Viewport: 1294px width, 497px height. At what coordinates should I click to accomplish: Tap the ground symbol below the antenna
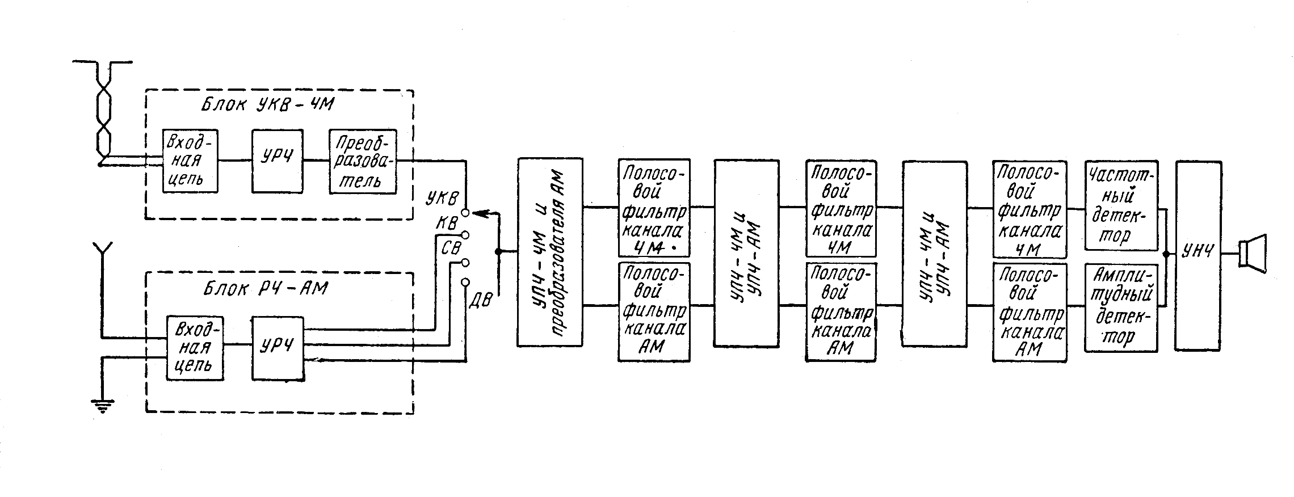tap(102, 405)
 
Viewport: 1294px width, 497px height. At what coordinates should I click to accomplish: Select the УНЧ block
tap(1197, 255)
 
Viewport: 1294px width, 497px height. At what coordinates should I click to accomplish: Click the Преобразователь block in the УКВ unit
tap(363, 161)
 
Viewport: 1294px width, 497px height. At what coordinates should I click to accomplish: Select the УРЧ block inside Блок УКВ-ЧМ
tap(278, 161)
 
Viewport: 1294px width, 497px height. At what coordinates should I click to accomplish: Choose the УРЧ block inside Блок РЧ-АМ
tap(278, 347)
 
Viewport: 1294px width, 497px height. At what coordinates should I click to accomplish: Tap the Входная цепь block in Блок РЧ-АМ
tap(195, 347)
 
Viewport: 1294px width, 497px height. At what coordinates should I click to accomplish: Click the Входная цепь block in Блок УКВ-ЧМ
tap(190, 161)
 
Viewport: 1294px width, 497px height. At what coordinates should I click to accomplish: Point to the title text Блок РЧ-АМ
tap(266, 289)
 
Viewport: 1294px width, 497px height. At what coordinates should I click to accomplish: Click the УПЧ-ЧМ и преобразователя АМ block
tap(549, 252)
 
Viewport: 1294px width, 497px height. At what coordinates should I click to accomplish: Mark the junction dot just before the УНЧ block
tap(1166, 254)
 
